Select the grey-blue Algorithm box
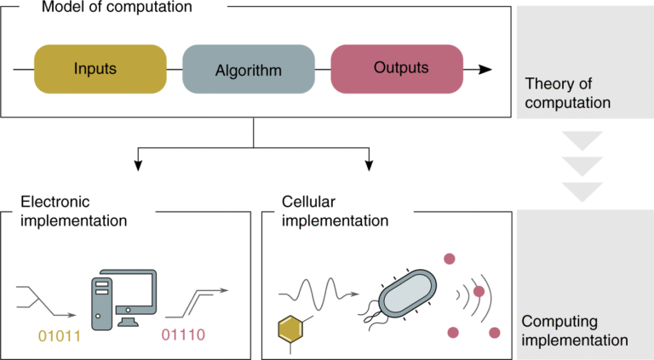(248, 69)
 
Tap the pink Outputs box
(396, 69)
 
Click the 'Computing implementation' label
(574, 330)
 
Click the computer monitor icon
(135, 294)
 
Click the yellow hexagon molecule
(291, 327)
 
